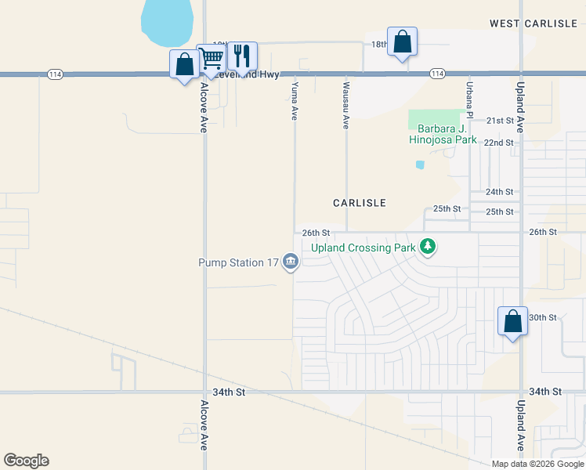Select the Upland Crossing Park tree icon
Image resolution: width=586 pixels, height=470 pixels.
tap(427, 248)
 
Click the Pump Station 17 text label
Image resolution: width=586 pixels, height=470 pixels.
tap(238, 262)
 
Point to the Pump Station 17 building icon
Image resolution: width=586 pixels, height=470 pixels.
tap(291, 262)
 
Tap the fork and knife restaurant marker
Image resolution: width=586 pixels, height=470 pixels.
tap(242, 56)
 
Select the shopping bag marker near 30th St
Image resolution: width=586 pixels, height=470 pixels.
tap(512, 322)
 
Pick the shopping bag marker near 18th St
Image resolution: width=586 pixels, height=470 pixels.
tap(402, 42)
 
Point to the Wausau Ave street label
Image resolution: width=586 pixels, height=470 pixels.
tap(345, 103)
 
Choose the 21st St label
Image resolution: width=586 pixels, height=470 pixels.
tap(499, 121)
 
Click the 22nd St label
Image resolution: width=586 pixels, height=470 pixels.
tap(498, 143)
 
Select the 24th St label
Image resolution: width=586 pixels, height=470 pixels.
tap(499, 192)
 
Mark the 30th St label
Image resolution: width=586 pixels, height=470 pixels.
tap(542, 317)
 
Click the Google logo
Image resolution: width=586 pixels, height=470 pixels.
tap(26, 461)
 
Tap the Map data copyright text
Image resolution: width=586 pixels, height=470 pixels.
tap(537, 464)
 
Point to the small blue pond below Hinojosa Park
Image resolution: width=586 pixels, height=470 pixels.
tap(421, 164)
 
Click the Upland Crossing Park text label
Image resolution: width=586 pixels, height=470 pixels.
tap(362, 248)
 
